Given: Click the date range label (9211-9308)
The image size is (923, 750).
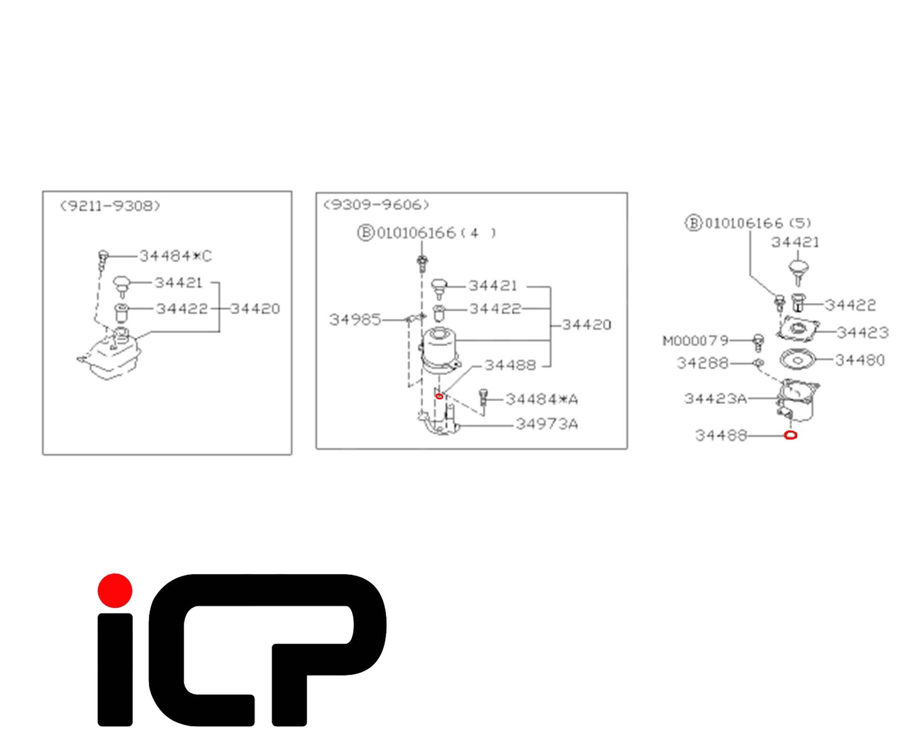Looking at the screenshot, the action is click(110, 206).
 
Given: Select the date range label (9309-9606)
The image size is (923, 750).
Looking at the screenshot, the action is click(376, 204).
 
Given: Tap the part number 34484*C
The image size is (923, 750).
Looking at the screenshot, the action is click(176, 256).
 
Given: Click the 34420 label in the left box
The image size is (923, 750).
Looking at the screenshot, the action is click(255, 308).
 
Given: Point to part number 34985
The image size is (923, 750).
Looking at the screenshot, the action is click(355, 320).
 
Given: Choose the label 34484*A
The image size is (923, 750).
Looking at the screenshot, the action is click(542, 399).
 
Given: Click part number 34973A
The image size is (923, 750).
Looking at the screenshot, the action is click(547, 424).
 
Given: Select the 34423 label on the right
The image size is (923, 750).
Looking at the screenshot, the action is click(863, 333).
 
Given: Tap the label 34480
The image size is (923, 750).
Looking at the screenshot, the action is click(860, 360).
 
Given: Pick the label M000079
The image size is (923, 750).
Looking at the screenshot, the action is click(696, 340).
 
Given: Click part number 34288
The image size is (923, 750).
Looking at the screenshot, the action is click(703, 363).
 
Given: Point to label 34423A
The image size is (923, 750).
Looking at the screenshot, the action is click(715, 398).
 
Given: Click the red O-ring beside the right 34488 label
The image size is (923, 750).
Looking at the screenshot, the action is click(790, 435).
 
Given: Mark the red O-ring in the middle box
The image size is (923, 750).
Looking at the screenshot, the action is click(439, 397).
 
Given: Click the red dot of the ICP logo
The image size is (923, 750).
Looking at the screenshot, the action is click(115, 591).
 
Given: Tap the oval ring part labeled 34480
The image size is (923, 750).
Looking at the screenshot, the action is click(798, 360).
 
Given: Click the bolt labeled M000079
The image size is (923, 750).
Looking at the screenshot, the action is click(758, 343).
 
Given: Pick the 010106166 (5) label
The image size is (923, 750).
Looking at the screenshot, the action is click(749, 223).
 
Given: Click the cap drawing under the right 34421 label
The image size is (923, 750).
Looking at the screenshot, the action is click(798, 273).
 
